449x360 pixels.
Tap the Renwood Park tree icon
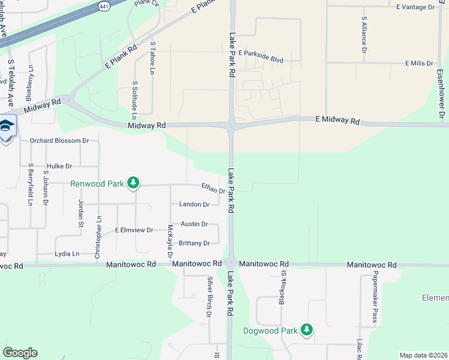click(x=134, y=183)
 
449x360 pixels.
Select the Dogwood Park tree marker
click(x=307, y=330)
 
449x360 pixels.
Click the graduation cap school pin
click(x=6, y=126)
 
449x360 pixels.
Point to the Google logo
click(x=20, y=353)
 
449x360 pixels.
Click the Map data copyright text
click(x=423, y=355)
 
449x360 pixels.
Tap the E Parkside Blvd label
click(x=261, y=53)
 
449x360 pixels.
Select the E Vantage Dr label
click(x=415, y=7)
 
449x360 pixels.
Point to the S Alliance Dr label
click(x=364, y=35)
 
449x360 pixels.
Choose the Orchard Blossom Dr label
click(x=59, y=141)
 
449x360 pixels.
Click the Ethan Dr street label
click(x=212, y=190)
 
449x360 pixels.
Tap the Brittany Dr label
click(x=194, y=243)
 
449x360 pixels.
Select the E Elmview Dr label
click(x=134, y=230)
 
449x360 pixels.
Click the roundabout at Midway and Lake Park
click(x=231, y=125)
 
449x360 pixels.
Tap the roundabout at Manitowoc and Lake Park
click(x=231, y=263)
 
